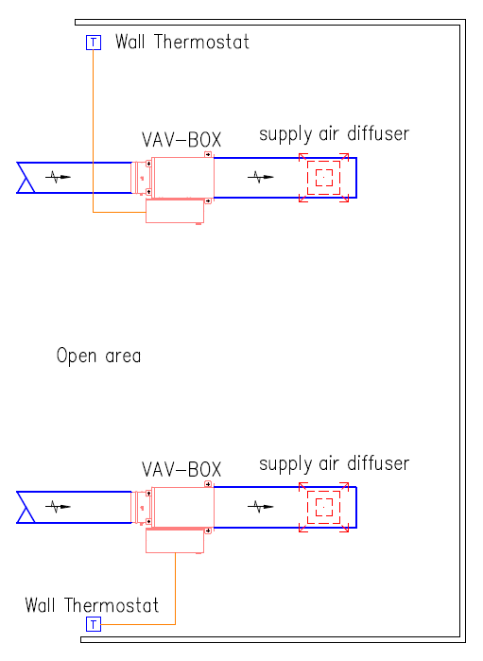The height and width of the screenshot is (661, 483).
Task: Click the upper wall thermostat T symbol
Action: [94, 43]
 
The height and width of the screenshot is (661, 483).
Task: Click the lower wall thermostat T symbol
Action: [94, 624]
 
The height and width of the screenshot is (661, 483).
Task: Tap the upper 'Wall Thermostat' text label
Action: [182, 42]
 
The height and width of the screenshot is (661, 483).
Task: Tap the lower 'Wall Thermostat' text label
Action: [92, 605]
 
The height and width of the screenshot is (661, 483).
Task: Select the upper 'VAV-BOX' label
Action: [181, 140]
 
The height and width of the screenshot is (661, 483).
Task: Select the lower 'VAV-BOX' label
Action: [181, 469]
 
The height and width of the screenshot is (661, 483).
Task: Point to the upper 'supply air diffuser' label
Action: [334, 134]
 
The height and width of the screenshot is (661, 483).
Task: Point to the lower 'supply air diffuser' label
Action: [334, 464]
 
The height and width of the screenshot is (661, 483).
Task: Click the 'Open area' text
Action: [98, 356]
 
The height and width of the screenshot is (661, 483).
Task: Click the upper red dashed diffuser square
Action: [323, 161]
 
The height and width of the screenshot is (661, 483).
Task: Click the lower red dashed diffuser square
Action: [323, 491]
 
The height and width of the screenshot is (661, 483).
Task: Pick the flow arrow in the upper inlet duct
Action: [59, 177]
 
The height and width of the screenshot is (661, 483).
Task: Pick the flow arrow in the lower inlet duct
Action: [59, 507]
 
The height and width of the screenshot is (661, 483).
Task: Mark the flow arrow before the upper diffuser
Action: [261, 177]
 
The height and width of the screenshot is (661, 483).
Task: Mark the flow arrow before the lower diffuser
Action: [261, 507]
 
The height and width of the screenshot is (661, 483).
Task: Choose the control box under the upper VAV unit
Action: [175, 211]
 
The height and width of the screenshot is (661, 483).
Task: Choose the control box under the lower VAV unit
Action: [175, 541]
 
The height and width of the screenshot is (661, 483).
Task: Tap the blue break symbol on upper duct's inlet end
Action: [26, 178]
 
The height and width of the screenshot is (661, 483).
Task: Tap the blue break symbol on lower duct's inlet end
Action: [26, 507]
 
